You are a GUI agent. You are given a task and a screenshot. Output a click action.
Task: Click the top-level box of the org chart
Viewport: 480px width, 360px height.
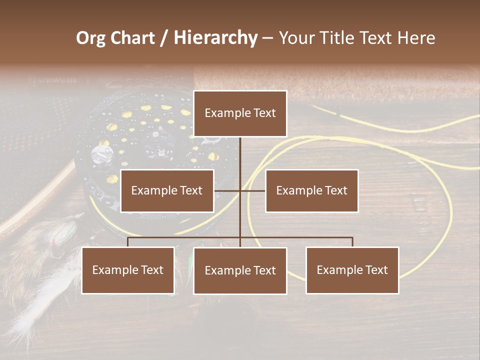click(x=240, y=113)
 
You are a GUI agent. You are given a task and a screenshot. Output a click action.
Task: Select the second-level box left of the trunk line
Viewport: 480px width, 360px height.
click(x=167, y=190)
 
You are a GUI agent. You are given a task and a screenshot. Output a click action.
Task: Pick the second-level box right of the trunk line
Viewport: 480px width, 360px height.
click(x=311, y=190)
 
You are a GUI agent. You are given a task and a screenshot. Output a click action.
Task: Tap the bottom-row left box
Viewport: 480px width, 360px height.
click(x=128, y=270)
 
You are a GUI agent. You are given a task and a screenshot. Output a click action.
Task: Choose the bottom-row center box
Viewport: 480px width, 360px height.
click(x=240, y=270)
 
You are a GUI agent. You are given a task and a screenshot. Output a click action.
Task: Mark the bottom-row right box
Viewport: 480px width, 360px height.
click(x=352, y=270)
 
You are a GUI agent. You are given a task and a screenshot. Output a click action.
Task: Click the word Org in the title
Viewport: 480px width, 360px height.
click(x=90, y=38)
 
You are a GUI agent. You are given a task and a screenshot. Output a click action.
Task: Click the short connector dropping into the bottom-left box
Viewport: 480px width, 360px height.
click(x=128, y=242)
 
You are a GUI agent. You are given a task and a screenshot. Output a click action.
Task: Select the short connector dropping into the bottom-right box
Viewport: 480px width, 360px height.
click(x=352, y=242)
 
